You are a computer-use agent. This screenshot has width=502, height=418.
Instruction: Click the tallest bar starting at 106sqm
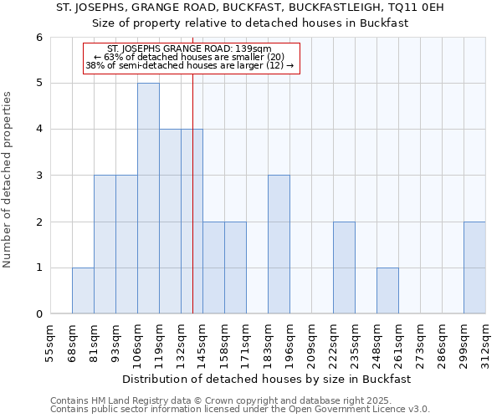coord(148,198)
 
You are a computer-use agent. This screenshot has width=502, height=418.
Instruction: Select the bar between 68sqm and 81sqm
coord(83,291)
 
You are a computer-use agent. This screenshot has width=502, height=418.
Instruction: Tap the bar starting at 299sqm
coord(474,268)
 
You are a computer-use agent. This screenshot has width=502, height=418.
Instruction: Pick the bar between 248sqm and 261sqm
coord(387,291)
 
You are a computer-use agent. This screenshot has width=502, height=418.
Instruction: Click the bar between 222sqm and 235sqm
coord(344,268)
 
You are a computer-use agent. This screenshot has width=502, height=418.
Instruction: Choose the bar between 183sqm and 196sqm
coord(279,244)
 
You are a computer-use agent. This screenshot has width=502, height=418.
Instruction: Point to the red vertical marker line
coord(192,209)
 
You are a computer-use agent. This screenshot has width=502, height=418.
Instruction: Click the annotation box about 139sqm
coord(191,57)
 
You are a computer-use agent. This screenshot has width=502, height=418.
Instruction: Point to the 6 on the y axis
coord(39,38)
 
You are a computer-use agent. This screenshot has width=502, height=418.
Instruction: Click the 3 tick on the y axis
coord(39,176)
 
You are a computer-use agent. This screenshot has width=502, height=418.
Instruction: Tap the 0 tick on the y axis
coord(39,314)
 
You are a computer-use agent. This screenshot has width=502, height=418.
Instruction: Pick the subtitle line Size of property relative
coord(250,23)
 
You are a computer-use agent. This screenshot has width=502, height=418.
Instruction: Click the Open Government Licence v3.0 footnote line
coord(240,410)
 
